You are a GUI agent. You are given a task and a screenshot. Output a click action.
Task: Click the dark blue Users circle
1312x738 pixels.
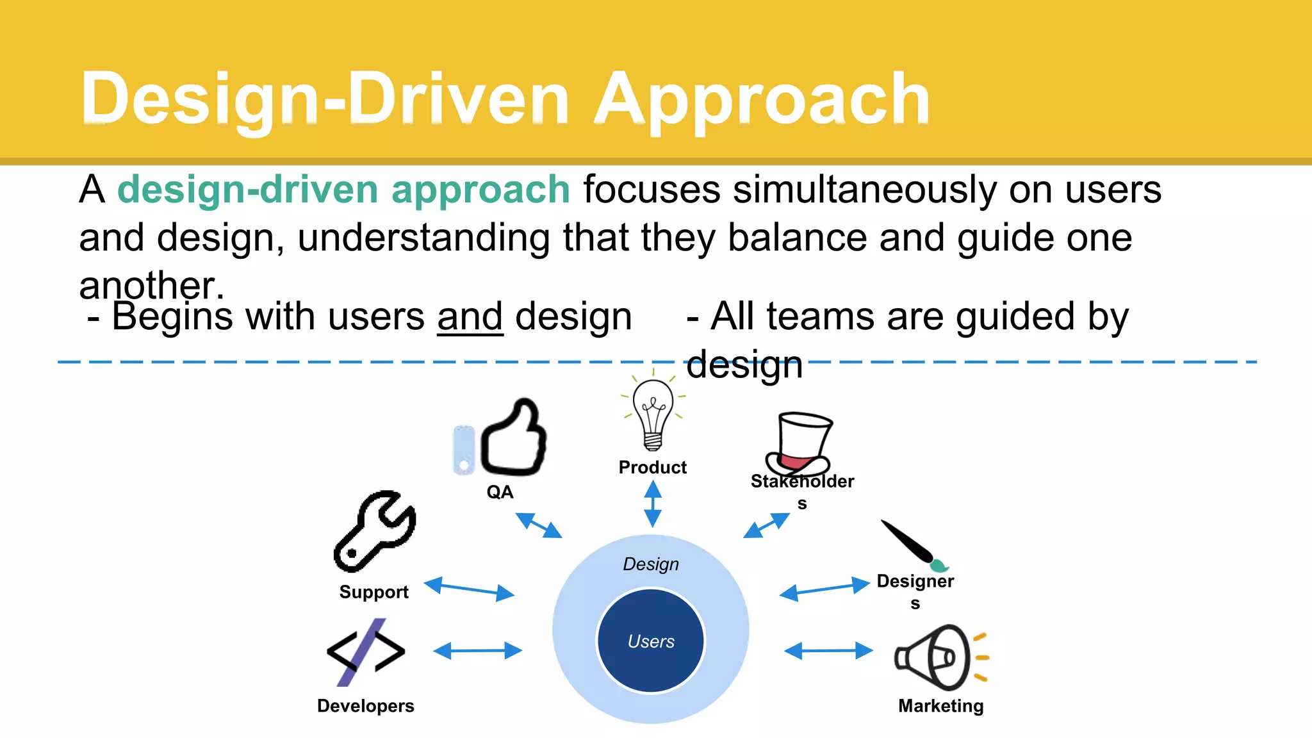pyautogui.click(x=650, y=641)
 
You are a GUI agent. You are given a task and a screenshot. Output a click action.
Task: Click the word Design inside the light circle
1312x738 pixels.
pyautogui.click(x=650, y=564)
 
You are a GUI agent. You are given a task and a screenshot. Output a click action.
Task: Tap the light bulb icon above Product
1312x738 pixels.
pyautogui.click(x=653, y=413)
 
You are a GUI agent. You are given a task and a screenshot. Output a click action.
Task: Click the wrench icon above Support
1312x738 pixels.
pyautogui.click(x=375, y=531)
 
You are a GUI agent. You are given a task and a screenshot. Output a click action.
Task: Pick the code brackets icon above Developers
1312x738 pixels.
pyautogui.click(x=366, y=652)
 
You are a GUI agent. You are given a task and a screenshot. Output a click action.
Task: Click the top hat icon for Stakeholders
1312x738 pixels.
pyautogui.click(x=800, y=442)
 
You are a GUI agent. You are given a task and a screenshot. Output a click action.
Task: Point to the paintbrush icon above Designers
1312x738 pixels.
pyautogui.click(x=913, y=545)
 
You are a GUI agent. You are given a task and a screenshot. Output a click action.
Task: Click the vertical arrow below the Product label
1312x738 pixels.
pyautogui.click(x=652, y=504)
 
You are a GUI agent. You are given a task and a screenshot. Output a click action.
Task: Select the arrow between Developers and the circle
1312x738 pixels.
pyautogui.click(x=478, y=651)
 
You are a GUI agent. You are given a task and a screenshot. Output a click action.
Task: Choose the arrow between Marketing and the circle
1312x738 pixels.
pyautogui.click(x=828, y=651)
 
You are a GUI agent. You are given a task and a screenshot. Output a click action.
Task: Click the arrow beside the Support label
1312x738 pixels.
pyautogui.click(x=469, y=588)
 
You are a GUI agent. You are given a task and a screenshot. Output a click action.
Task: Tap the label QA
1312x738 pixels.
pyautogui.click(x=500, y=492)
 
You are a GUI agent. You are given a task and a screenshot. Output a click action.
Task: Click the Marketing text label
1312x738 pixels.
pyautogui.click(x=940, y=705)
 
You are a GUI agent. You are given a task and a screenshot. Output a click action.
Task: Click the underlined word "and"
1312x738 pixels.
pyautogui.click(x=470, y=316)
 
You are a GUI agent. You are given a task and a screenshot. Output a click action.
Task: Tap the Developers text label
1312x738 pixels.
pyautogui.click(x=366, y=705)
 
